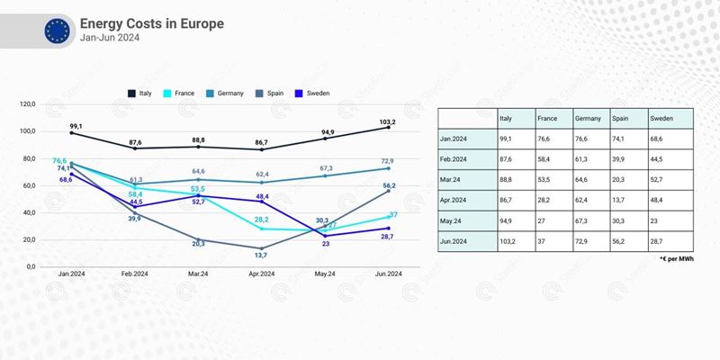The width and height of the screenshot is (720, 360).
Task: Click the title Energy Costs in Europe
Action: point(152,22)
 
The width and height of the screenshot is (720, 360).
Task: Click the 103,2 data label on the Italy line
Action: point(388,120)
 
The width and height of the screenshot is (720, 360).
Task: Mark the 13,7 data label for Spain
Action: point(262,256)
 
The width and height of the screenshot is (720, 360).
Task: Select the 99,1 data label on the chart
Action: point(75,126)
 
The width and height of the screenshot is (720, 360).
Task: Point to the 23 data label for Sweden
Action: point(326,244)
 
